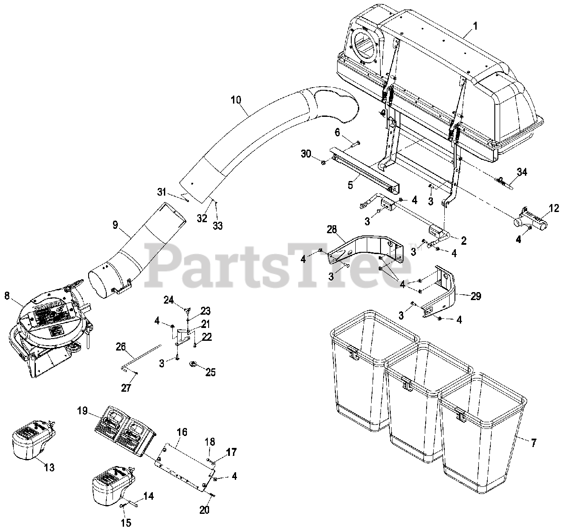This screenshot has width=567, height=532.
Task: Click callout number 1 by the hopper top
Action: (475, 27)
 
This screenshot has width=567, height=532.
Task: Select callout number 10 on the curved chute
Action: (236, 100)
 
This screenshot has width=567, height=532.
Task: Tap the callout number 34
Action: (522, 172)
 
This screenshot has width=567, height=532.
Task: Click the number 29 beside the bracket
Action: (475, 297)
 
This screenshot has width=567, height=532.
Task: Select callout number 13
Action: (49, 467)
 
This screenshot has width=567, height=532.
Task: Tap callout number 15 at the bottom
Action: (126, 523)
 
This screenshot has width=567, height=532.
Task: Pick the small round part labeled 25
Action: (194, 364)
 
